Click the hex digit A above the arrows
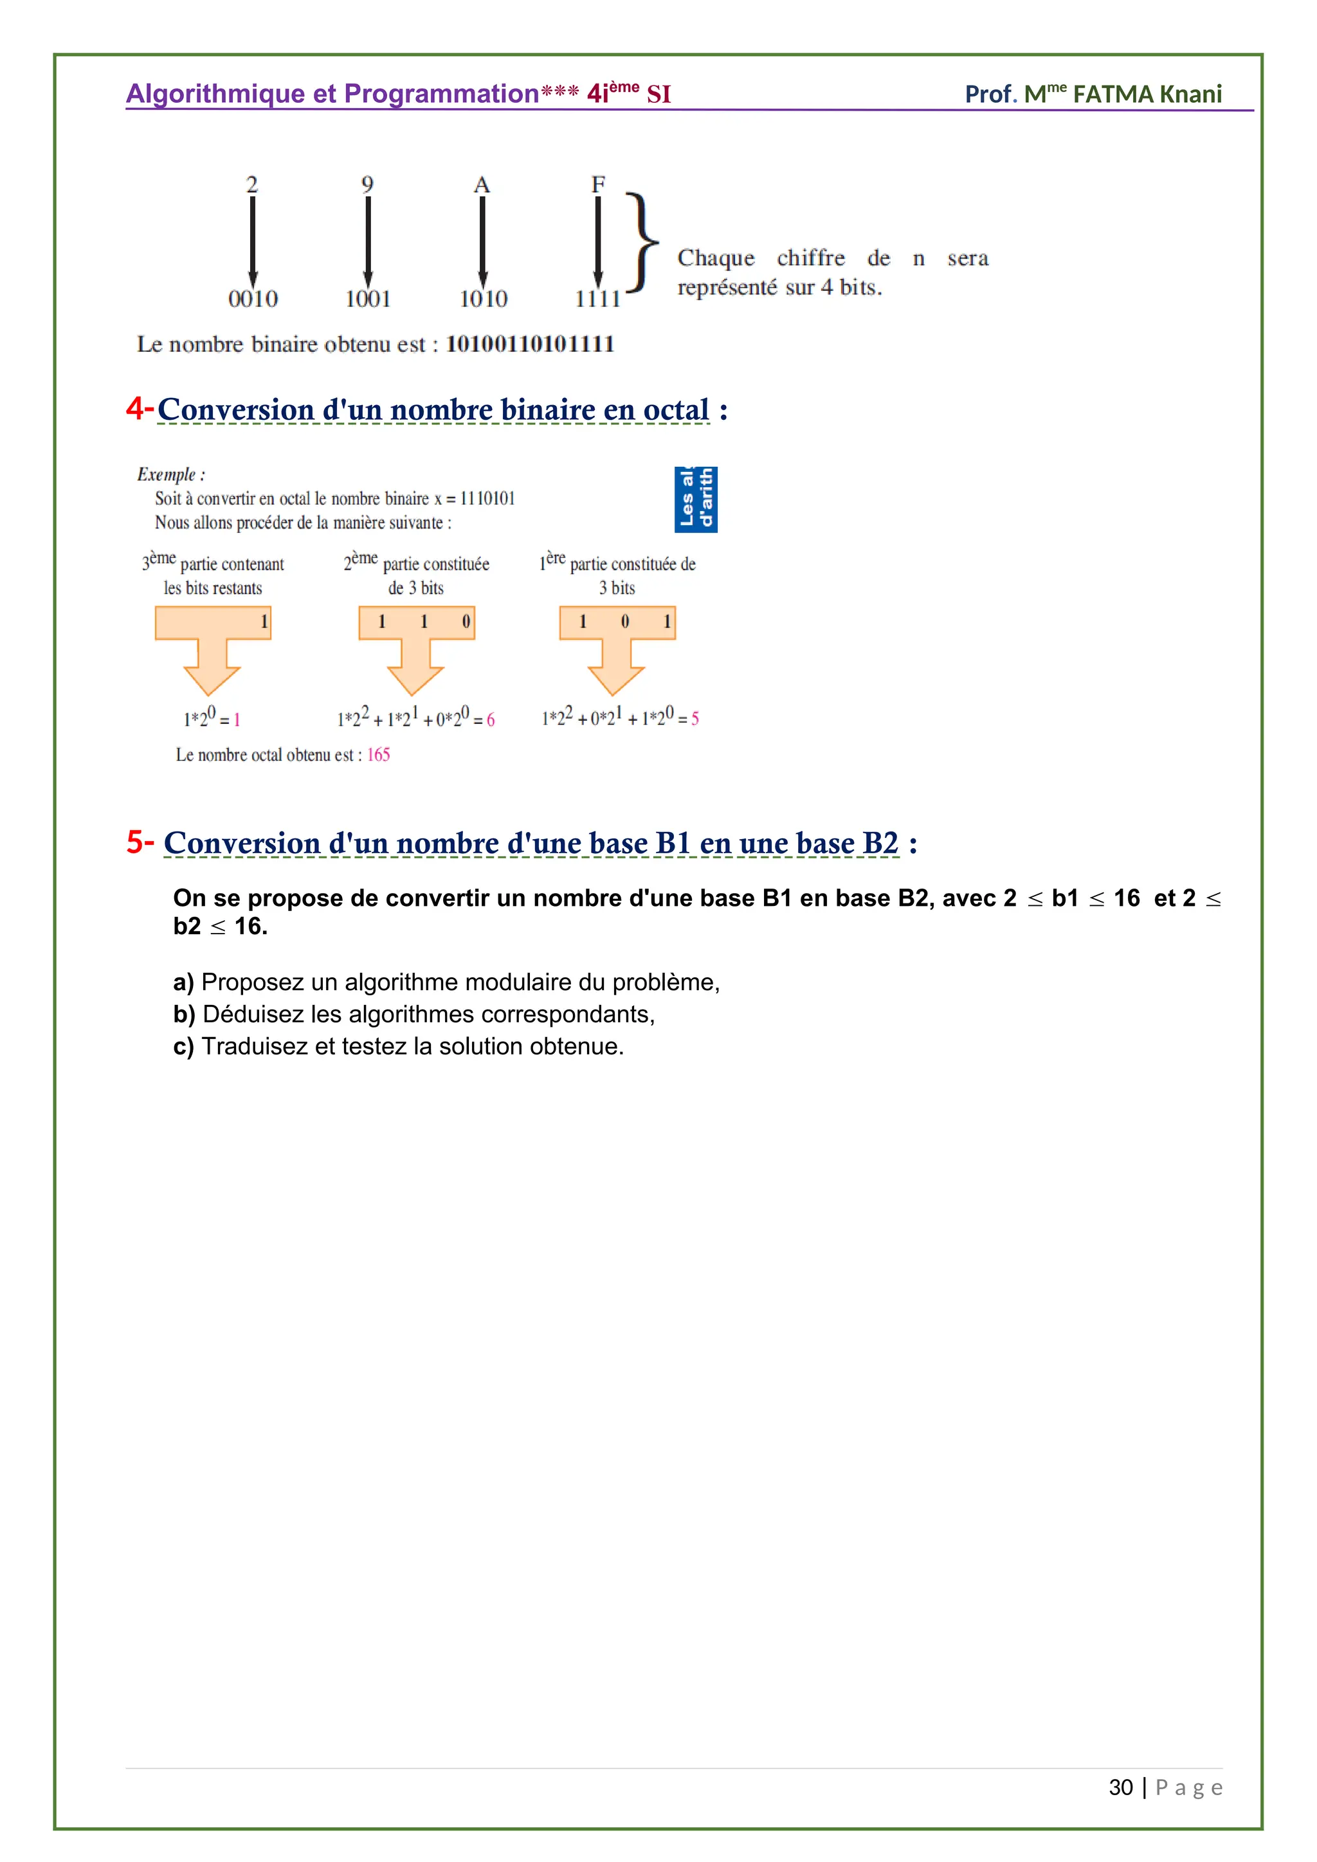(x=482, y=185)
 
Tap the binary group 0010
(x=253, y=299)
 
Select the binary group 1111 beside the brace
(x=597, y=299)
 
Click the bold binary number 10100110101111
(x=529, y=344)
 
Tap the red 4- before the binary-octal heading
(x=140, y=408)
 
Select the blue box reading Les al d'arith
(x=696, y=499)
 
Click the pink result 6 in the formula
(x=491, y=720)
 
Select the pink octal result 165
(x=378, y=755)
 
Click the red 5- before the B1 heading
(x=140, y=842)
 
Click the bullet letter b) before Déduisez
(x=184, y=1015)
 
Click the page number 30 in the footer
(x=1120, y=1787)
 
